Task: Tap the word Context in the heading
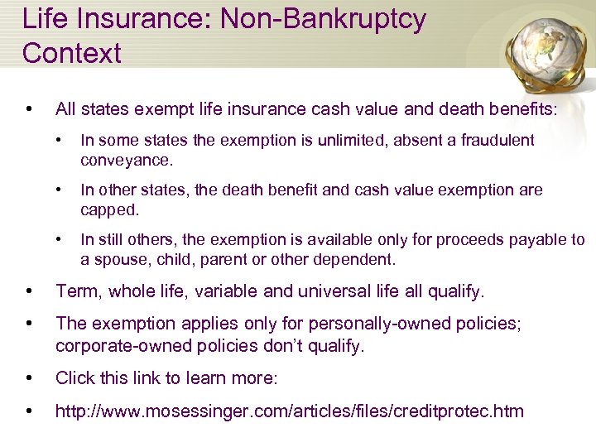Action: [x=72, y=53]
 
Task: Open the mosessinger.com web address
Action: [x=290, y=410]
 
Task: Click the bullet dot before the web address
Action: [x=30, y=410]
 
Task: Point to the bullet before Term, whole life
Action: [x=30, y=291]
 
